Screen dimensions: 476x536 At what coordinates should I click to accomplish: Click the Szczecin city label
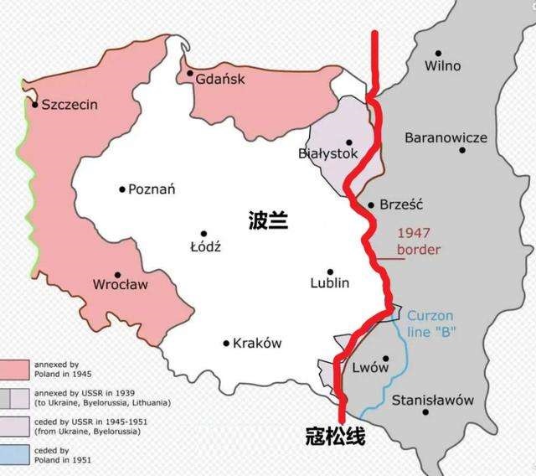[x=70, y=104]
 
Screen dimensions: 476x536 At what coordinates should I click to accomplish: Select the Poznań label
[x=152, y=189]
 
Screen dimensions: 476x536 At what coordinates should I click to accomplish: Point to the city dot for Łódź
[x=203, y=234]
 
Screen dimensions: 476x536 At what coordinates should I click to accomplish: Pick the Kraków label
[x=257, y=343]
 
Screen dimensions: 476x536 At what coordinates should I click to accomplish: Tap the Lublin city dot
[x=331, y=272]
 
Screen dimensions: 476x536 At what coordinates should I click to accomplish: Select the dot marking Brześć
[x=371, y=204]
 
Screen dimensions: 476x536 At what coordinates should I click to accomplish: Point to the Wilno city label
[x=443, y=65]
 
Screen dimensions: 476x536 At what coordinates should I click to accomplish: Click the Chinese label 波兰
[x=268, y=220]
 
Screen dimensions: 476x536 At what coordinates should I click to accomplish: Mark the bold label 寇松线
[x=334, y=437]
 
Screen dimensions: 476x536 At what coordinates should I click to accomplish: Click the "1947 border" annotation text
[x=418, y=241]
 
